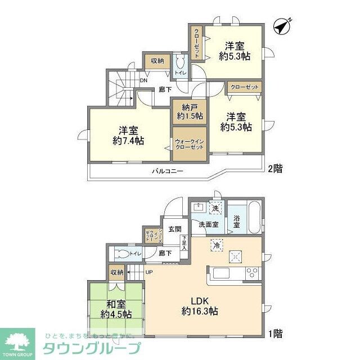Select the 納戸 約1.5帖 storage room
pos(186,111)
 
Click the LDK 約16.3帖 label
pos(200,305)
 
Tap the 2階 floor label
pos(275,168)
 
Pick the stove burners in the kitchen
pos(251,273)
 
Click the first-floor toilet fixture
pos(120,253)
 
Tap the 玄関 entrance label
pos(174,229)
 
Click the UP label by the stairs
pos(149,273)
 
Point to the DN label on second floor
pos(144,80)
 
